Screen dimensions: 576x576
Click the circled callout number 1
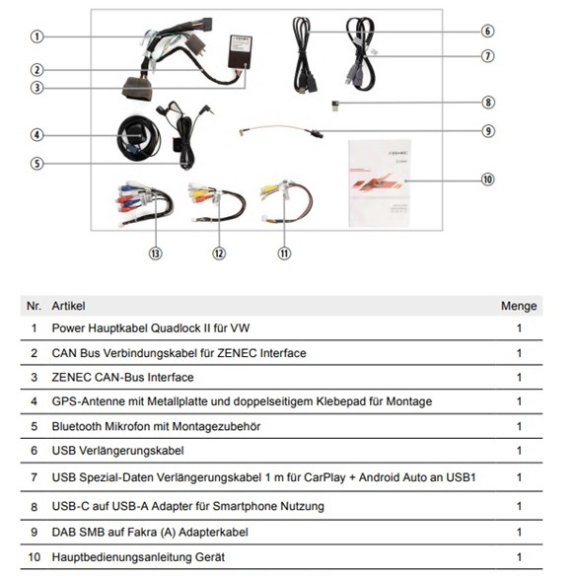(36, 36)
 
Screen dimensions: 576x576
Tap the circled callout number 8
(488, 103)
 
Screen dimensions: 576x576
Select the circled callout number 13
(156, 253)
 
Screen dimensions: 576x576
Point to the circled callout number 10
(488, 180)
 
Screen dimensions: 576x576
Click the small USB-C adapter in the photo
(334, 106)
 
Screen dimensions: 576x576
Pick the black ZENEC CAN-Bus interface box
(241, 51)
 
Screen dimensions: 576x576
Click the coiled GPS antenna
(138, 138)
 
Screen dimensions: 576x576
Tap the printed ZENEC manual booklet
(380, 182)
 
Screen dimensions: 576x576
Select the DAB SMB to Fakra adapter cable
(281, 130)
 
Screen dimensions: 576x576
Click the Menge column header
(519, 306)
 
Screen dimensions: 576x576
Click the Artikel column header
(68, 306)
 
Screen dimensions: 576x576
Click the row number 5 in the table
(35, 426)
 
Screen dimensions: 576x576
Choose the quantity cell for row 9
(519, 532)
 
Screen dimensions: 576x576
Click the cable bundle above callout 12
(217, 202)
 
